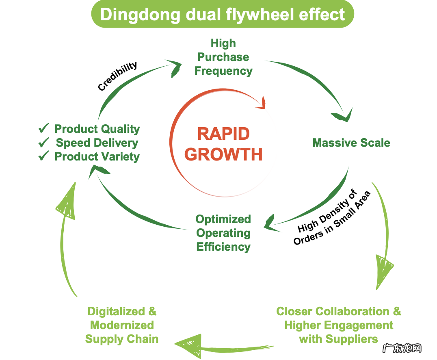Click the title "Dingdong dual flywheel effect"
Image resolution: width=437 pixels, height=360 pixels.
click(223, 14)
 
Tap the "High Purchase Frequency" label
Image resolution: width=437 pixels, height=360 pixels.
click(223, 57)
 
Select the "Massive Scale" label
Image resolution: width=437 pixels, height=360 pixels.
click(351, 143)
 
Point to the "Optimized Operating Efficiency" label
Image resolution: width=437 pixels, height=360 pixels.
click(223, 233)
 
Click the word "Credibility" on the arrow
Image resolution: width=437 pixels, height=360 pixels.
click(118, 76)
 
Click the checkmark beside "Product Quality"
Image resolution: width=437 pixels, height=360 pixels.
click(44, 129)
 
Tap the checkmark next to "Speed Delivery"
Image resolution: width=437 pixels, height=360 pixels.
click(44, 143)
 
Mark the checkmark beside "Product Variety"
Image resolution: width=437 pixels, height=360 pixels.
click(44, 156)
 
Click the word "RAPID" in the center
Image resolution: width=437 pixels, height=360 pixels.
click(223, 134)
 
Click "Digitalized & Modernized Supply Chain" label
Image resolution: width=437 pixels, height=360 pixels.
click(122, 325)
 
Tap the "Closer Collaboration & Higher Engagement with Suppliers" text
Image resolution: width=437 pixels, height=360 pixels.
click(339, 325)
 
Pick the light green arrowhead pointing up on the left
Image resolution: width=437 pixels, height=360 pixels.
click(67, 203)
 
